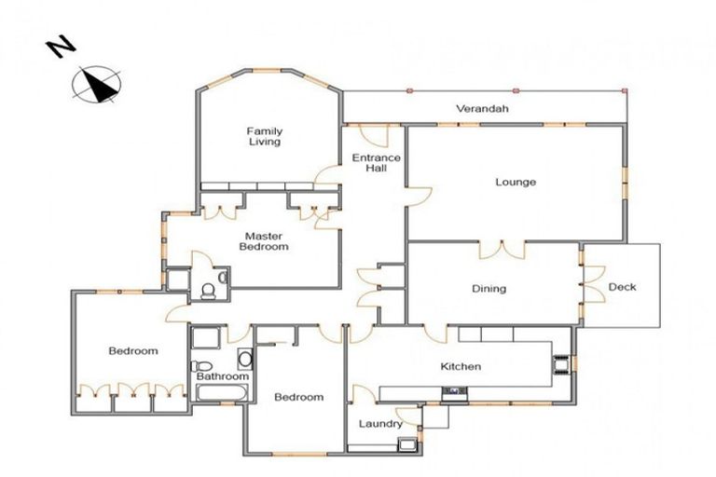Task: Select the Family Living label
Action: [264, 136]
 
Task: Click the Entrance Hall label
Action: [376, 164]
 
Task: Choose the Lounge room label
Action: [515, 182]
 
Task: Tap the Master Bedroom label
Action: [264, 241]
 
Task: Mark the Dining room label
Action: [489, 289]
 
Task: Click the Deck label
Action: [622, 287]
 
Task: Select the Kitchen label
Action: [461, 366]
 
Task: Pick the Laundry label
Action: [380, 425]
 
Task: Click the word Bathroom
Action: [223, 376]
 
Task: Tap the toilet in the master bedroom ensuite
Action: [209, 292]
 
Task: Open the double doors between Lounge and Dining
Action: [503, 249]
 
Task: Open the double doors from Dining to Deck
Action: [590, 287]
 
